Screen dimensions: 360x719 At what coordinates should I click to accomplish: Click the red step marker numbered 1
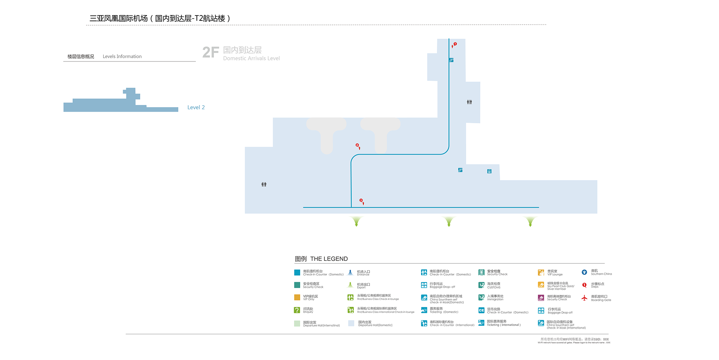(455, 44)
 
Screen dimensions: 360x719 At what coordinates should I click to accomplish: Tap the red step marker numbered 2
(357, 146)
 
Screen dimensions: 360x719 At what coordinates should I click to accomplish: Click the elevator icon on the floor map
(489, 171)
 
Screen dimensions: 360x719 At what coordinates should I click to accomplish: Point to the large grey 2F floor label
(211, 52)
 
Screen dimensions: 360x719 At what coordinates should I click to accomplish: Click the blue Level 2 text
(196, 107)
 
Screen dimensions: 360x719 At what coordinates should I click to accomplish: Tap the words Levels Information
(122, 56)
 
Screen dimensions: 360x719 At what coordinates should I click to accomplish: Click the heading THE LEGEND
(329, 259)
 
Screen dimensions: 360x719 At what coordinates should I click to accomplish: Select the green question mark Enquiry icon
(297, 310)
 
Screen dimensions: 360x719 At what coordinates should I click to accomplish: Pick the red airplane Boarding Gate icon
(585, 298)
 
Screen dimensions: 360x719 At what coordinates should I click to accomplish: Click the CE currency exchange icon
(481, 310)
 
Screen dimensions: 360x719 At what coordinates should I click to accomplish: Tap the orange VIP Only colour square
(297, 297)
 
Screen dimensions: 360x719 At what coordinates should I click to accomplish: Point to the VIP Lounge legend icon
(541, 273)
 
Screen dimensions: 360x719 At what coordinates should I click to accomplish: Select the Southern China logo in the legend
(585, 272)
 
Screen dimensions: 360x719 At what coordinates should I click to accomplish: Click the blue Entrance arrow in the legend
(351, 273)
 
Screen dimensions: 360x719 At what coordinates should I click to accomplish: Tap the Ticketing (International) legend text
(503, 325)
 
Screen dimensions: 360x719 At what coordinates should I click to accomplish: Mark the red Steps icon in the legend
(585, 285)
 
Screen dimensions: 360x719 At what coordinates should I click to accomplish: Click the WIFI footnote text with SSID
(574, 339)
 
